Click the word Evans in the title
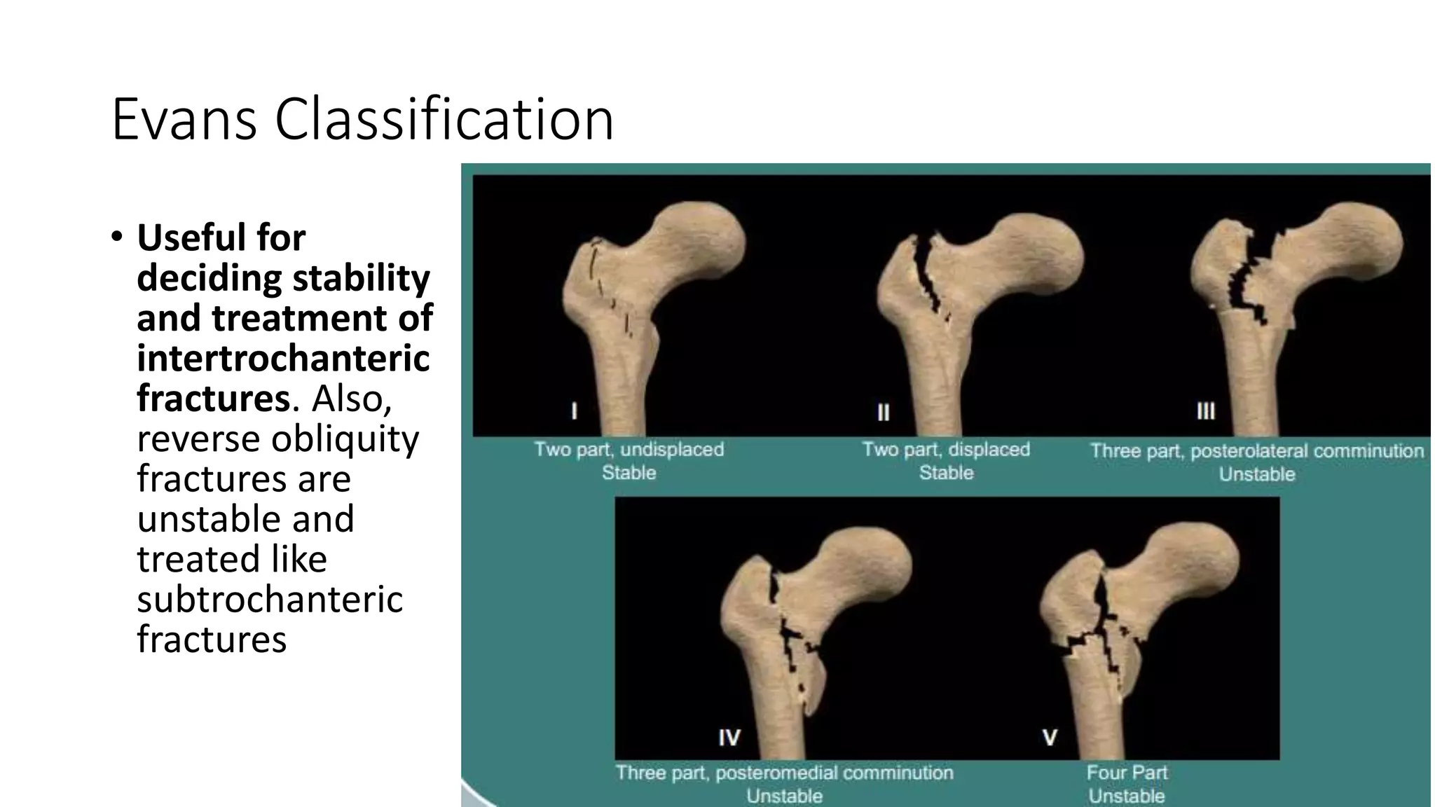(x=184, y=119)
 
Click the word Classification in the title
(x=444, y=119)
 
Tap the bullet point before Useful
(x=116, y=236)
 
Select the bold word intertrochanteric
(x=283, y=358)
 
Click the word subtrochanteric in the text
(x=270, y=599)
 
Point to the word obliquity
(x=345, y=439)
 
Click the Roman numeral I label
(x=574, y=411)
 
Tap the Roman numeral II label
(x=883, y=412)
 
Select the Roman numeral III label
(x=1205, y=411)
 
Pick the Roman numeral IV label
(x=729, y=737)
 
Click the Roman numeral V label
(x=1050, y=737)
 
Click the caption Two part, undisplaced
(x=629, y=449)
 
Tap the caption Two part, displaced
(x=945, y=449)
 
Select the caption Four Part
(x=1127, y=772)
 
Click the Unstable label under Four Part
(x=1127, y=796)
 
